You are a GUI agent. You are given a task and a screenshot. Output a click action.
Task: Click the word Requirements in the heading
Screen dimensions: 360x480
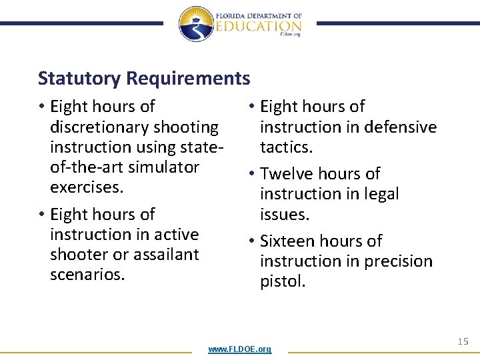[x=188, y=79]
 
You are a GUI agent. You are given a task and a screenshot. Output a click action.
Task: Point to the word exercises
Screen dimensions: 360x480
[x=87, y=187]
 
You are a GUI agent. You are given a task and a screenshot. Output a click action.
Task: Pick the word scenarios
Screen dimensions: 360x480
[x=87, y=274]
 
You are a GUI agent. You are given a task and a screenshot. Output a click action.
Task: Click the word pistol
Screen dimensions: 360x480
[x=283, y=281]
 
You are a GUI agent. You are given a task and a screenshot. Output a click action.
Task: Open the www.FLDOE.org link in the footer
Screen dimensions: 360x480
[x=240, y=349]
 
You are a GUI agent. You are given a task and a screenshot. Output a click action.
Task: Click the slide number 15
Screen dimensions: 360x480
[x=463, y=341]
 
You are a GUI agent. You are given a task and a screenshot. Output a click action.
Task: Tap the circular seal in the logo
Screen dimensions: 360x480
[x=196, y=24]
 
